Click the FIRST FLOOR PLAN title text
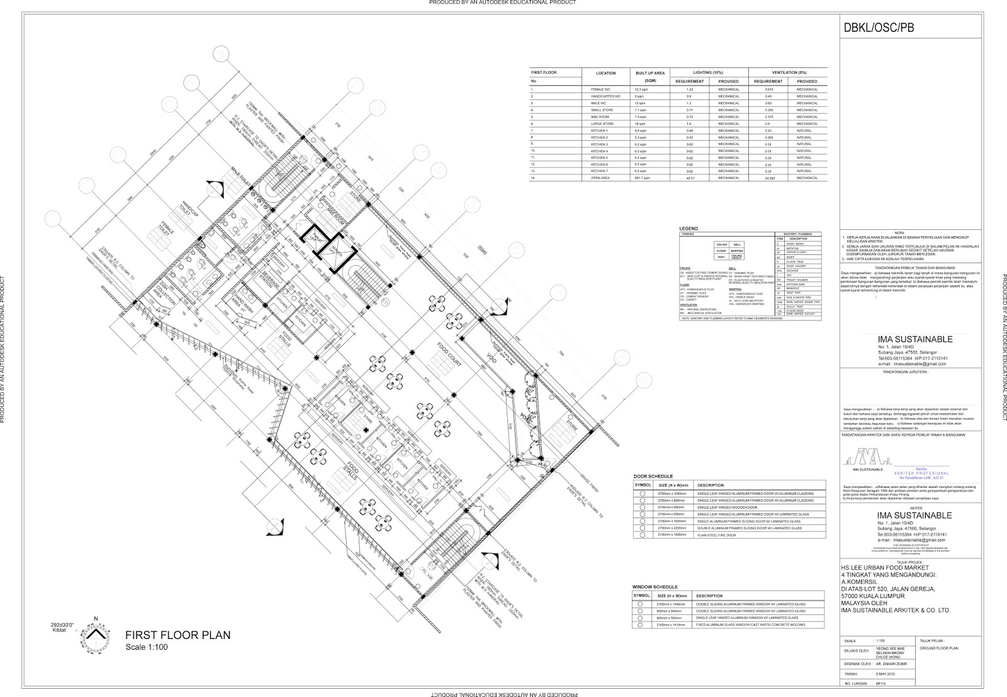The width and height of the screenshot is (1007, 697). click(177, 635)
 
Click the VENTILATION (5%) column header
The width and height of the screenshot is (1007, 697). click(787, 72)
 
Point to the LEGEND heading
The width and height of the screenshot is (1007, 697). click(689, 229)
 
